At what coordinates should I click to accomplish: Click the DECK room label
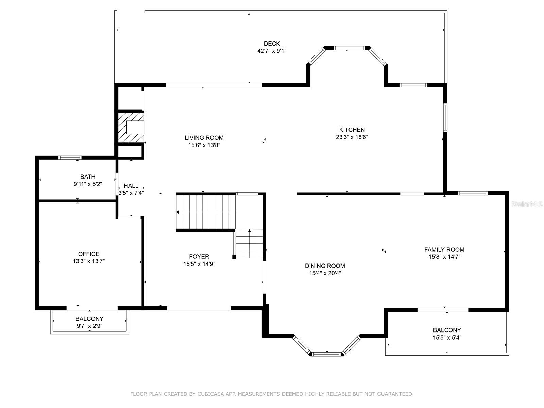[272, 44]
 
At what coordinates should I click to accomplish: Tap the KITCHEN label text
[352, 130]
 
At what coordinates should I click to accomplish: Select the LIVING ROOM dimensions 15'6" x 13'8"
[204, 145]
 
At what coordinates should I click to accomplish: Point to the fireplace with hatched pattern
[131, 127]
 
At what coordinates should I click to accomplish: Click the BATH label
[88, 176]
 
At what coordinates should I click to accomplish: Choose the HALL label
[131, 186]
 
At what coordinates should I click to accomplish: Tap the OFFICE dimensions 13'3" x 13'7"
[89, 261]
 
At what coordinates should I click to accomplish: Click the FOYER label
[199, 256]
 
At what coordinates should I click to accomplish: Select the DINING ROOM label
[325, 266]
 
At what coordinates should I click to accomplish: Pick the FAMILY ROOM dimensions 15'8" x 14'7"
[444, 257]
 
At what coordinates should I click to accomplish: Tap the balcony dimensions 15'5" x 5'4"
[447, 337]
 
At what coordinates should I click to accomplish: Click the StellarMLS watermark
[527, 204]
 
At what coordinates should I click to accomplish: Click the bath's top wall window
[70, 157]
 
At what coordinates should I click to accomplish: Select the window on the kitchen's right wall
[445, 117]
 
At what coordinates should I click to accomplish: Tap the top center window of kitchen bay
[349, 48]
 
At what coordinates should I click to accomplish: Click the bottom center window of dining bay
[327, 354]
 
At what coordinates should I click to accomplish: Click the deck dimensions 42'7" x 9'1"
[272, 51]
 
